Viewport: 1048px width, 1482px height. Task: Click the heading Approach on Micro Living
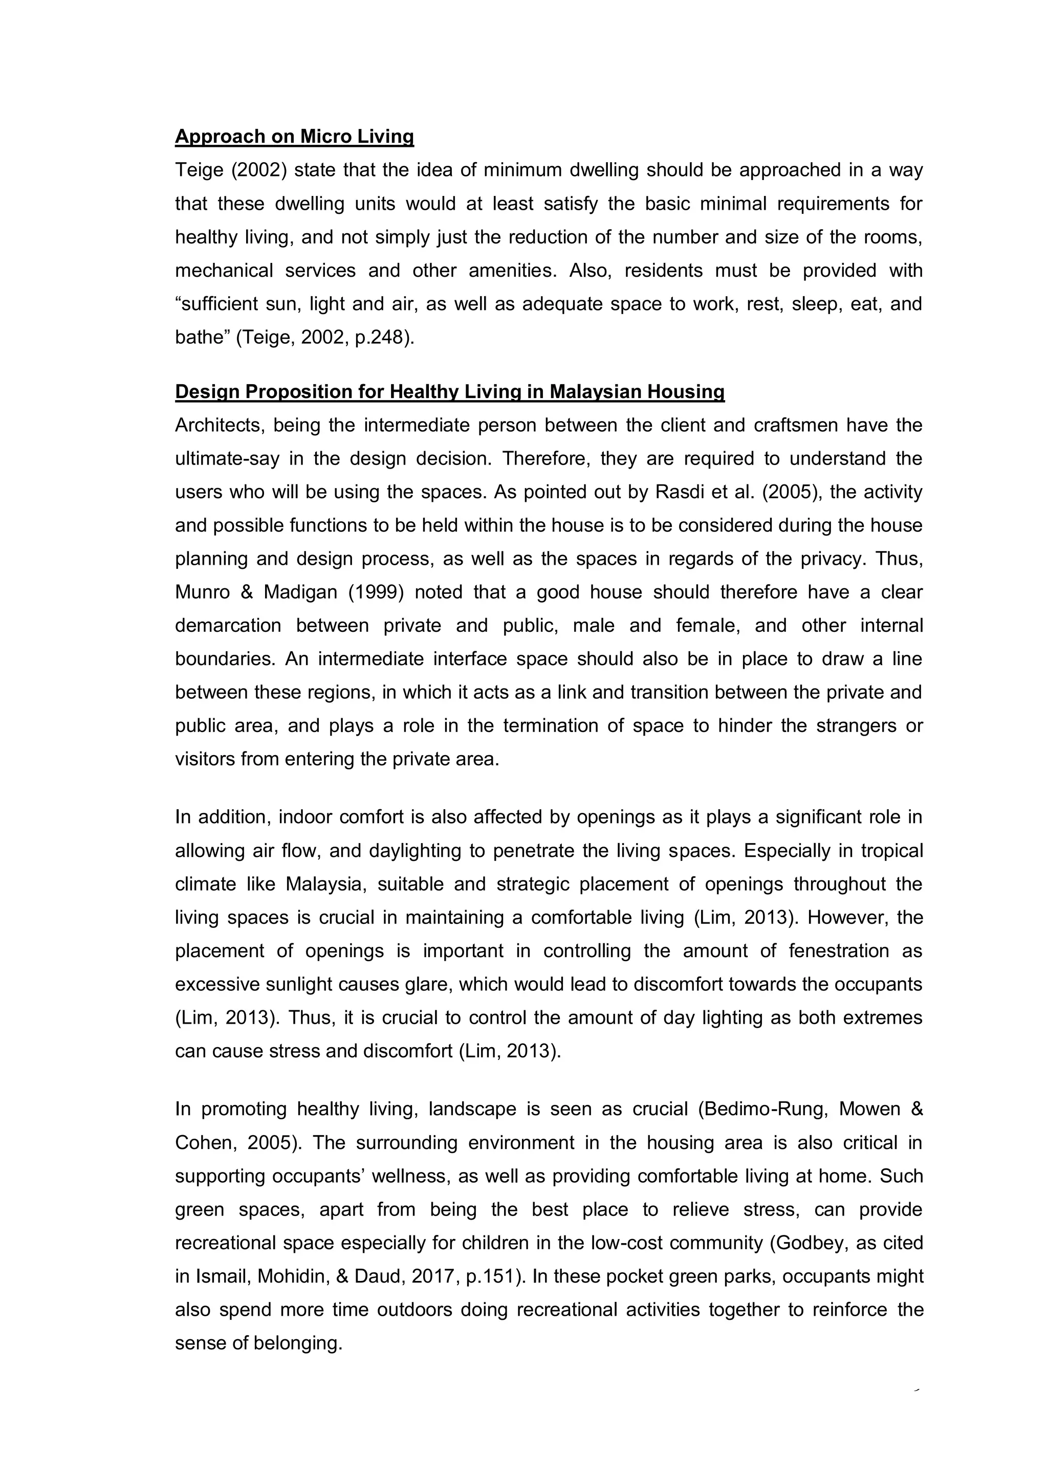[294, 136]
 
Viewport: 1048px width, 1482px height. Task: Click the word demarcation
[228, 626]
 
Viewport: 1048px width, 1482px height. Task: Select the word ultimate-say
[227, 459]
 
